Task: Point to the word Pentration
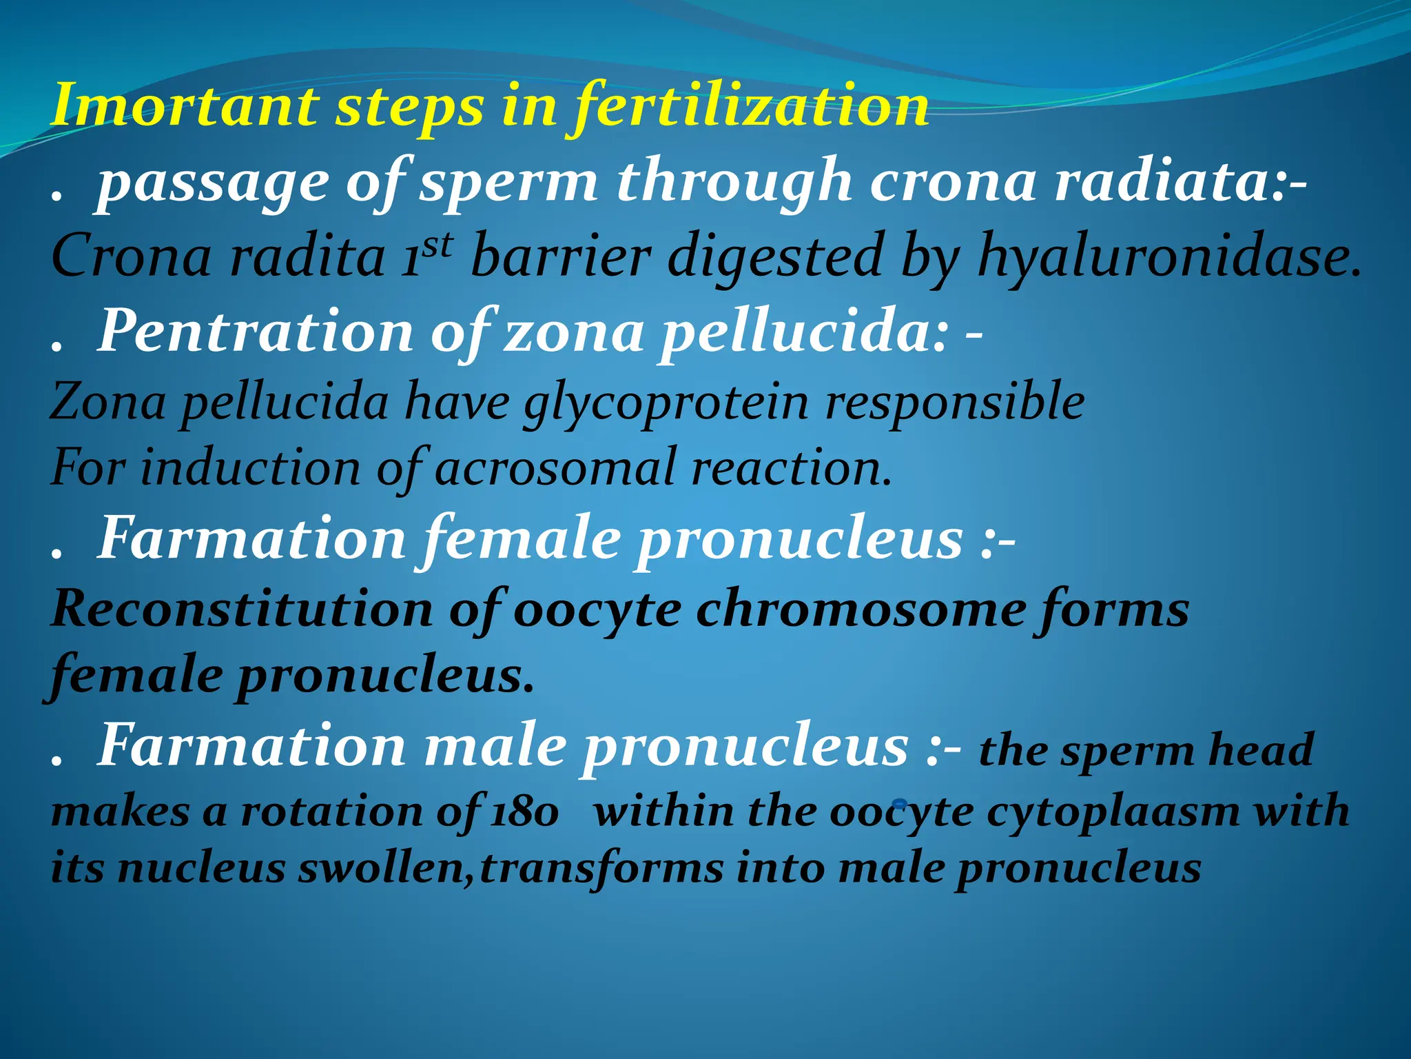pyautogui.click(x=255, y=332)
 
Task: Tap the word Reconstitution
pyautogui.click(x=242, y=609)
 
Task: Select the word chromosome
pyautogui.click(x=860, y=609)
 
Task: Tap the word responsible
pyautogui.click(x=955, y=403)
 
